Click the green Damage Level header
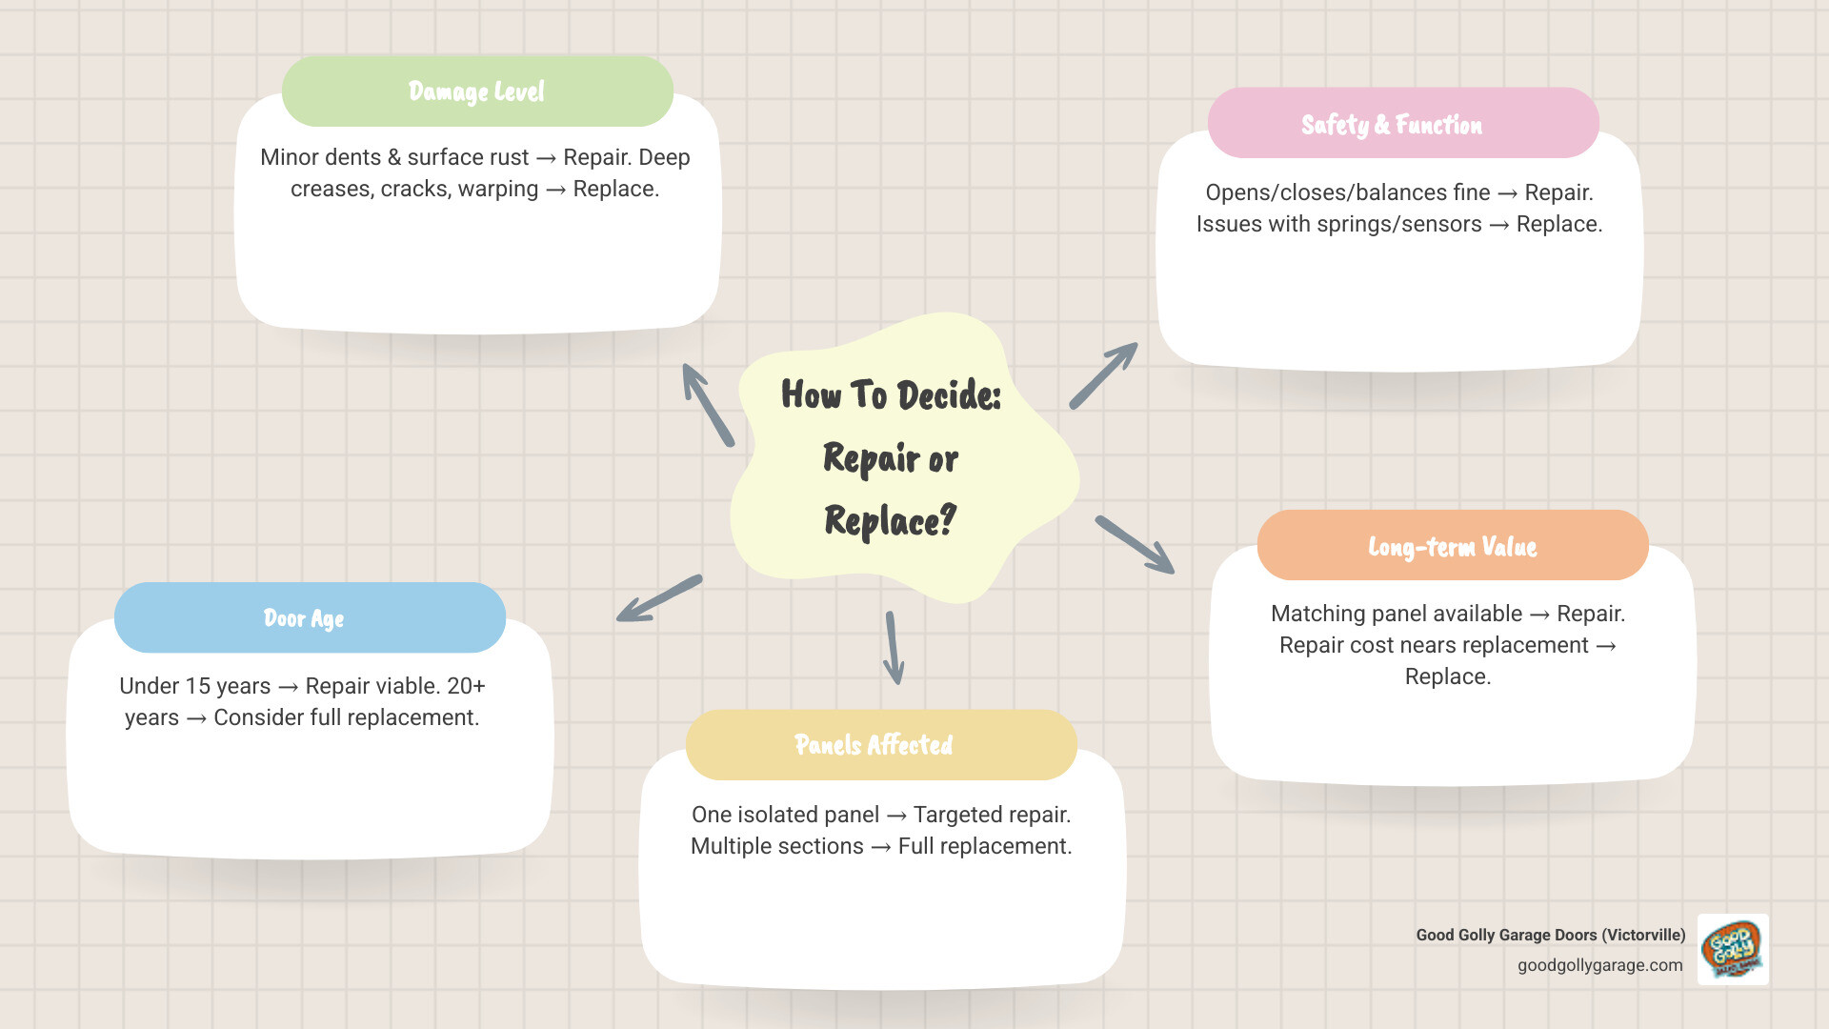pyautogui.click(x=477, y=91)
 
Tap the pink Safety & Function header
pyautogui.click(x=1402, y=124)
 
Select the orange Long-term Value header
pyautogui.click(x=1452, y=546)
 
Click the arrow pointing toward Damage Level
pyautogui.click(x=708, y=405)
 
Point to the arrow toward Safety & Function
pyautogui.click(x=1103, y=376)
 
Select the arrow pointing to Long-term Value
pyautogui.click(x=1135, y=545)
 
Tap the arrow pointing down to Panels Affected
pyautogui.click(x=894, y=648)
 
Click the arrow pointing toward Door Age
pyautogui.click(x=659, y=599)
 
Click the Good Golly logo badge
pyautogui.click(x=1733, y=949)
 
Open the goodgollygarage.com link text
pyautogui.click(x=1599, y=965)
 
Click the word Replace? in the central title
pyautogui.click(x=890, y=521)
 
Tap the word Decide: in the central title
pyautogui.click(x=949, y=395)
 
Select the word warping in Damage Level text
pyautogui.click(x=497, y=189)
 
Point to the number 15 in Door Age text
pyautogui.click(x=198, y=686)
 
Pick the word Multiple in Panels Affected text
pyautogui.click(x=729, y=846)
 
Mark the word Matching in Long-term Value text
pyautogui.click(x=1318, y=614)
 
